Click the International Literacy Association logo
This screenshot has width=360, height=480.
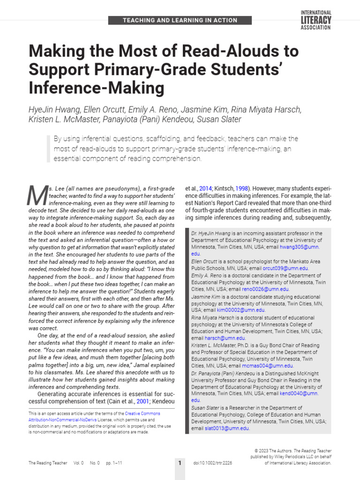[x=315, y=20]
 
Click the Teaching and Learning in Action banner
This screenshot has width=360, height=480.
[x=180, y=21]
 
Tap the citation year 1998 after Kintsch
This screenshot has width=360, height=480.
[x=241, y=187]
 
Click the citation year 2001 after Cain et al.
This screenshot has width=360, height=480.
[x=142, y=402]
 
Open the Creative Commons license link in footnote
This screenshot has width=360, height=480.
[x=142, y=414]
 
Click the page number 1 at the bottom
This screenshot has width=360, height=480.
[x=180, y=463]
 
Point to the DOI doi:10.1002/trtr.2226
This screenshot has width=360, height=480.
[x=212, y=463]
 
